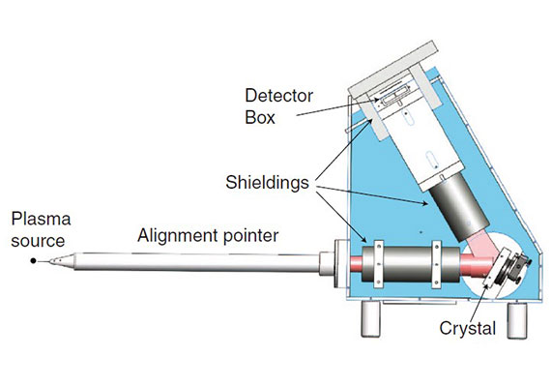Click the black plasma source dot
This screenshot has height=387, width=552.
tap(33, 261)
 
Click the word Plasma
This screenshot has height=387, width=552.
tap(41, 219)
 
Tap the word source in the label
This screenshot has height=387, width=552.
tap(38, 242)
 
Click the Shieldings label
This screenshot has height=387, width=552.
tap(267, 183)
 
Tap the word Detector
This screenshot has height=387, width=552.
tap(278, 96)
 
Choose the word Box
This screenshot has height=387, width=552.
tap(260, 118)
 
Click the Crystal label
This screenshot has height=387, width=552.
tap(468, 329)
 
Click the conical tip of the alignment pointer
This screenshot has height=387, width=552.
tap(62, 261)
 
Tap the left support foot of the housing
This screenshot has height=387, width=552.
tap(371, 318)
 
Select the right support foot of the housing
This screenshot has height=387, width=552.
tap(517, 320)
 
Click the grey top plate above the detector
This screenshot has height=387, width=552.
tap(392, 70)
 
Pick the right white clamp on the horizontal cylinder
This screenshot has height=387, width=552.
tap(437, 264)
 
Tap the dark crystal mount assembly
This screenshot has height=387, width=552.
tap(514, 268)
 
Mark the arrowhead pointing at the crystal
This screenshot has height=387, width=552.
tap(486, 285)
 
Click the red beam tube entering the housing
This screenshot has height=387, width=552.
tap(356, 263)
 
